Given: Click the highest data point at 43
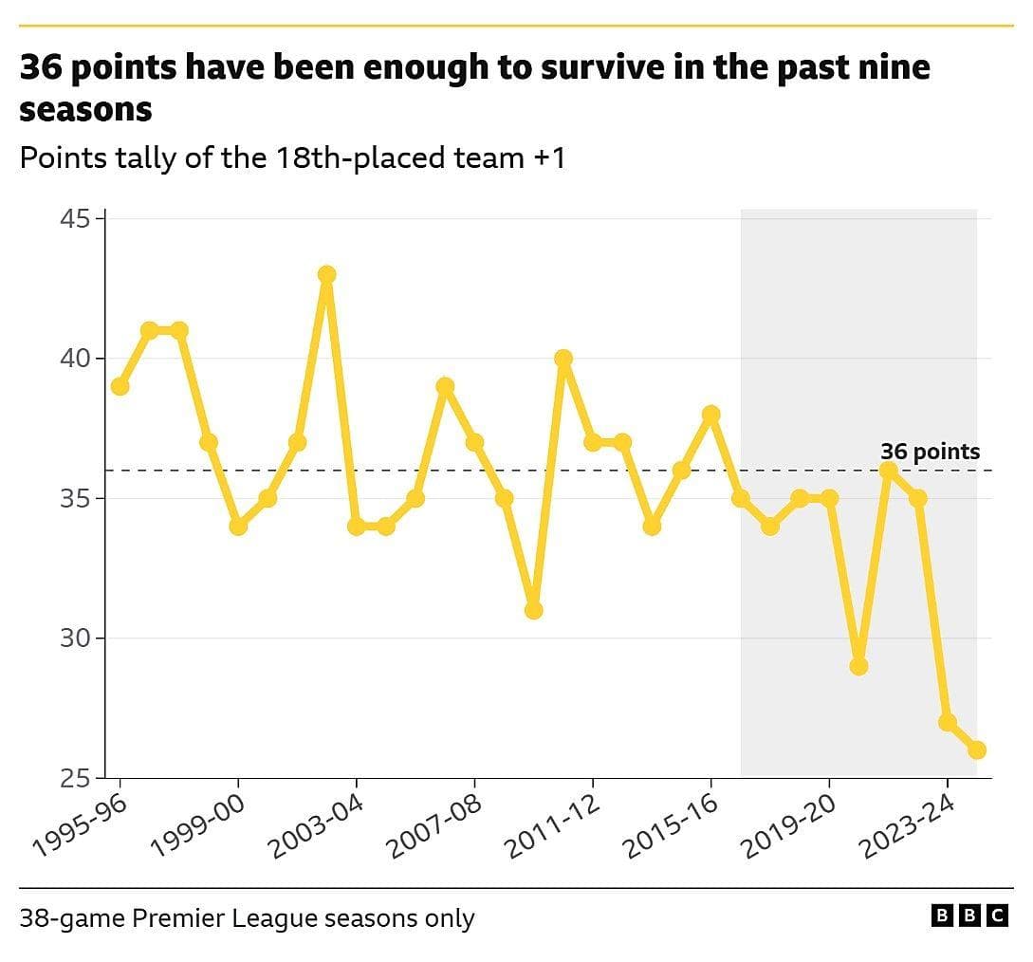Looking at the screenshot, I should coord(326,275).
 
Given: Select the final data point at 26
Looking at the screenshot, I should coord(977,749).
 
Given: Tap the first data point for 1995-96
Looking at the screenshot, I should coord(120,386).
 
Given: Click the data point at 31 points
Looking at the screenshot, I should coord(533,610).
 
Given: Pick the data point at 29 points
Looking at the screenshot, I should coord(858,666).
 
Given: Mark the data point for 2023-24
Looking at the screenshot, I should coord(947,722).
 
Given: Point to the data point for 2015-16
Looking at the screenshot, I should coord(710,415).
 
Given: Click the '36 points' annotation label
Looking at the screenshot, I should coord(930,452).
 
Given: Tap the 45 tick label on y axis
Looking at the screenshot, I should coord(80,219).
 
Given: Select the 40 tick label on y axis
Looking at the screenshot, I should coord(80,359).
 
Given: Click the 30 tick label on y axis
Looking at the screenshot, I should coord(80,638).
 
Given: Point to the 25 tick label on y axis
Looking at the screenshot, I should coord(80,778).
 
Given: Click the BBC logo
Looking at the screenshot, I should coord(969,916).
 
